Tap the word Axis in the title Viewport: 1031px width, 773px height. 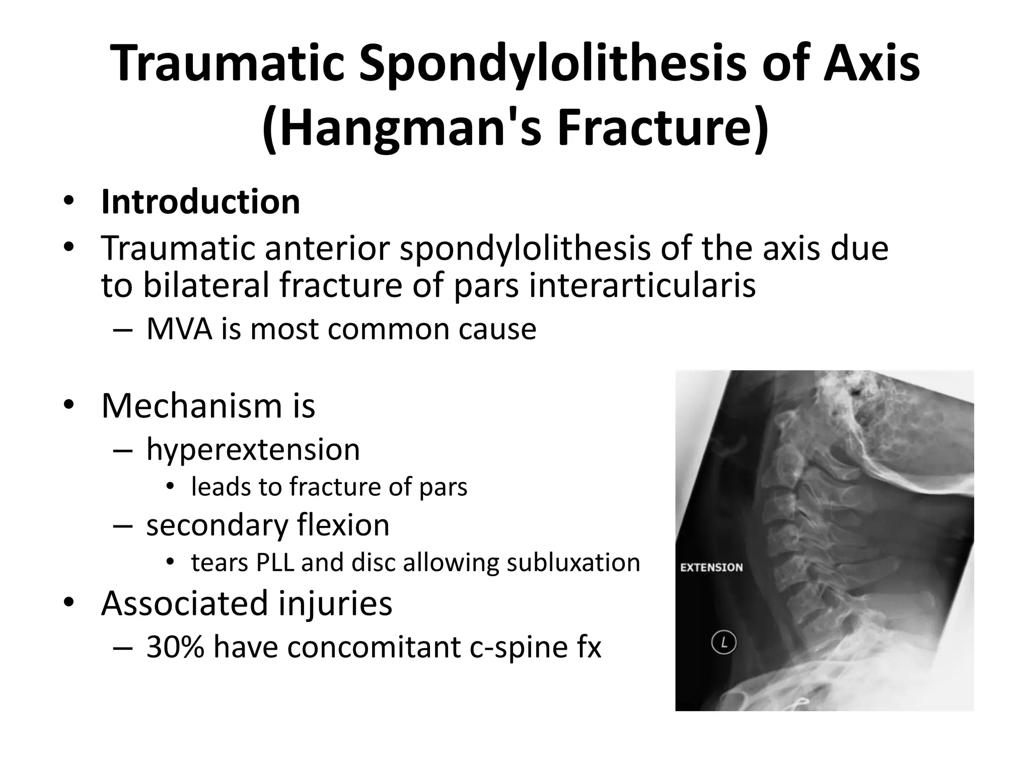coord(871,64)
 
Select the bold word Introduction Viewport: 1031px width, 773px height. coord(200,202)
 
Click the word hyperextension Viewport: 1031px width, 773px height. coord(253,449)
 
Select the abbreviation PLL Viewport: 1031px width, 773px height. coord(275,562)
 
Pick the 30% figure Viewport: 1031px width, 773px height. coord(175,647)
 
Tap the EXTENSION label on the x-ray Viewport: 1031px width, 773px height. coord(711,567)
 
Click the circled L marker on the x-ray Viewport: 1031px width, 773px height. coord(724,643)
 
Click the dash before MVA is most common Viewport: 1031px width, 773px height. coord(123,330)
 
